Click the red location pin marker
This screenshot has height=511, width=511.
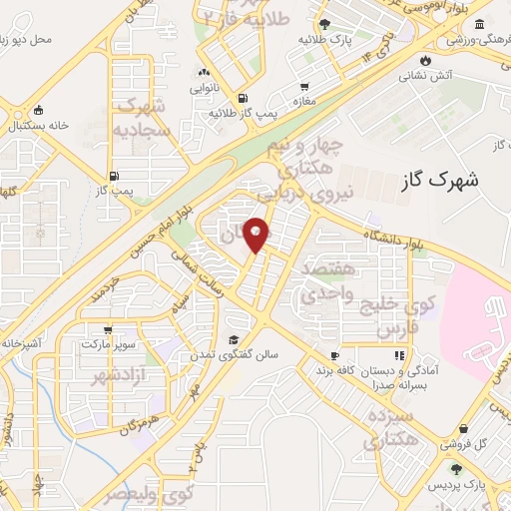pos(256,235)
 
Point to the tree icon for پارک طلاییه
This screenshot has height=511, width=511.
pos(322,23)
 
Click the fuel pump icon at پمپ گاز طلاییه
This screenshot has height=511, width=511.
pos(243,98)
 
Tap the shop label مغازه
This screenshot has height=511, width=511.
pos(302,101)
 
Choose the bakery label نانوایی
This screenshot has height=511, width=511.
pos(205,87)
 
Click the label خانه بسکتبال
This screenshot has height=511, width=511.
pos(37,127)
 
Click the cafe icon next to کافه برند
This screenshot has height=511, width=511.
pos(334,355)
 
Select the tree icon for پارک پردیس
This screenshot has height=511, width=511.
pos(456,469)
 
